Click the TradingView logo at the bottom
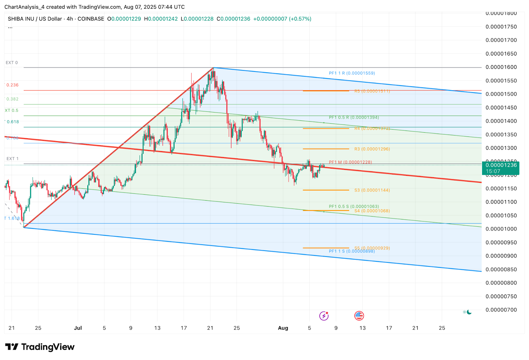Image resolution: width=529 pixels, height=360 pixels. click(x=40, y=347)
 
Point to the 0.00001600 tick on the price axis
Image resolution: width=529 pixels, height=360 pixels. click(x=501, y=67)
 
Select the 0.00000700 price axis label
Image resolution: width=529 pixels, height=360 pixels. click(x=501, y=310)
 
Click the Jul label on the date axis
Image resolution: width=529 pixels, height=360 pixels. click(x=78, y=328)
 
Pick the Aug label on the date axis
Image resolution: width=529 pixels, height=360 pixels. click(x=283, y=328)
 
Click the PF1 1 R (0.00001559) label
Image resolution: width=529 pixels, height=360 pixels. click(x=352, y=73)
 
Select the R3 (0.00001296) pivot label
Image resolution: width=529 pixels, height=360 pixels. click(x=372, y=149)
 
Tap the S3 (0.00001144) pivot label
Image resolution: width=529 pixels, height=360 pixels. click(x=372, y=190)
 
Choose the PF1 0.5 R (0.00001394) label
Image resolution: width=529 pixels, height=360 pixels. click(x=354, y=117)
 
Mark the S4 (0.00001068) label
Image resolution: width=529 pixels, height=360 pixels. click(x=372, y=211)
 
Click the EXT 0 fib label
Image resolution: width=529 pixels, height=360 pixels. click(x=12, y=62)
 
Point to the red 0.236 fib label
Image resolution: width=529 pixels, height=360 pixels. click(x=12, y=85)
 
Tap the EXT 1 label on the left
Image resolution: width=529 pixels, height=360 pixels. click(x=12, y=159)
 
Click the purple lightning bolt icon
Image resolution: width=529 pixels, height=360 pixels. click(x=324, y=316)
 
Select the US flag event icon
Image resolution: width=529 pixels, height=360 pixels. click(x=359, y=316)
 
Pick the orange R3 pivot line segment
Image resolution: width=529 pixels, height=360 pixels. click(x=326, y=149)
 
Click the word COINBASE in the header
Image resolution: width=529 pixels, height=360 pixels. click(x=91, y=19)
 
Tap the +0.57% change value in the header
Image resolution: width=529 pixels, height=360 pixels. click(x=300, y=19)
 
